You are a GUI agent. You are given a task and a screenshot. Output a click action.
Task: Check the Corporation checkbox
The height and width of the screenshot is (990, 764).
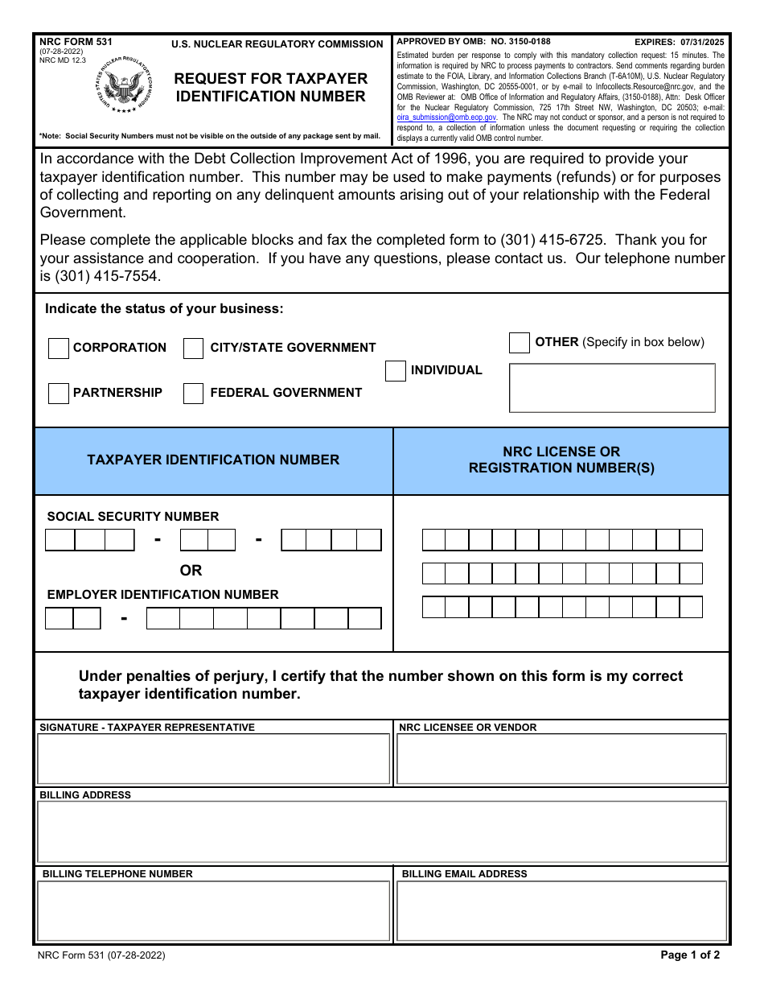[59, 349]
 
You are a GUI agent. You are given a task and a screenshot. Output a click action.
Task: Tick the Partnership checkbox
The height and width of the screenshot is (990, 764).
[59, 394]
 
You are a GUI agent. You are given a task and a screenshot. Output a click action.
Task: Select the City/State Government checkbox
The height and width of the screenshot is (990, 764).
[193, 349]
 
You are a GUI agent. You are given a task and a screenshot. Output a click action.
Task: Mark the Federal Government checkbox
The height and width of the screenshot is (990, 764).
[193, 394]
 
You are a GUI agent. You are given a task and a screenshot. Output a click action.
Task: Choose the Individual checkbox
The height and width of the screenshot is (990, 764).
[396, 371]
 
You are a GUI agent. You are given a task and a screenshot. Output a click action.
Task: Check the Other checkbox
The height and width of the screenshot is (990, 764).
[520, 343]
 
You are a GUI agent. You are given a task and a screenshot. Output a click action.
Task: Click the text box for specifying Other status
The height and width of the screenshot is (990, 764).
[612, 388]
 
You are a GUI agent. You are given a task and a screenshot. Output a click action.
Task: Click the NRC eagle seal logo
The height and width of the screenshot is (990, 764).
[123, 85]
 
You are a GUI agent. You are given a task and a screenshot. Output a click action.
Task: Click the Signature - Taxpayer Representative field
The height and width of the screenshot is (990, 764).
[213, 759]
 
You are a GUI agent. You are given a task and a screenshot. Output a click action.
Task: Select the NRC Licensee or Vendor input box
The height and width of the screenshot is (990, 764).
[561, 759]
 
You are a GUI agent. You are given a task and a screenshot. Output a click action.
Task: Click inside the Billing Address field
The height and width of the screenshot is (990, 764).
[382, 832]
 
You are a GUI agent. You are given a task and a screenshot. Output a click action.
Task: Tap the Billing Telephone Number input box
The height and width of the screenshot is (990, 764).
[213, 910]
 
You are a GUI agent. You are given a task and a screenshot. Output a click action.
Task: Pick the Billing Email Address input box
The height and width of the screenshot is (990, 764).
[561, 910]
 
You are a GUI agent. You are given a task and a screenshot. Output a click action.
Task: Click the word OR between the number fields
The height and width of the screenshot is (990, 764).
[191, 571]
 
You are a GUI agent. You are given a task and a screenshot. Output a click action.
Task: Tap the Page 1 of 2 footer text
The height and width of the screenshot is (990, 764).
[690, 955]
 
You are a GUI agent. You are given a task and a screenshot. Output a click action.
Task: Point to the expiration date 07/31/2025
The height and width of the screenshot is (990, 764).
[700, 42]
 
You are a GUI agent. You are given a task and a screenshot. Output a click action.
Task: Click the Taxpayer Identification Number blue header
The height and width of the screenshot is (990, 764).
[213, 460]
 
